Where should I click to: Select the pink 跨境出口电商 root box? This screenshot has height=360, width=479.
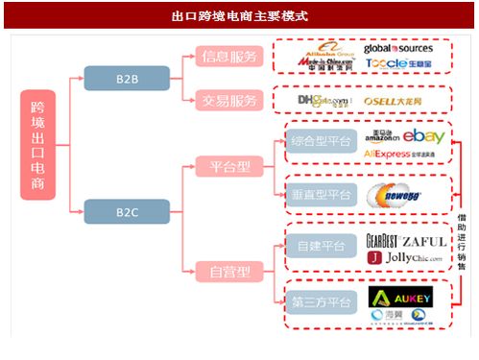coord(39,144)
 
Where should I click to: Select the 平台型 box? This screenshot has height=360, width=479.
coord(230,166)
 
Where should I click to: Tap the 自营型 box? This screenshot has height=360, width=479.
coord(230,272)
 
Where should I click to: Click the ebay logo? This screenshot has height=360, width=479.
coord(422,136)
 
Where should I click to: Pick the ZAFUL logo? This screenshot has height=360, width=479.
coord(423,241)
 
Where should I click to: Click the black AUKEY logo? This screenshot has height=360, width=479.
coord(400,296)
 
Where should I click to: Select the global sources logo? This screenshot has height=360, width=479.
coord(397,48)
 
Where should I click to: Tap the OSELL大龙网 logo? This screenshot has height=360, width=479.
coord(393,100)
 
